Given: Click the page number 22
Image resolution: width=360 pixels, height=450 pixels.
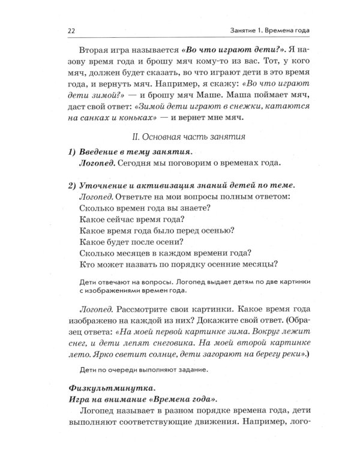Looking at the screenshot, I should (68, 30).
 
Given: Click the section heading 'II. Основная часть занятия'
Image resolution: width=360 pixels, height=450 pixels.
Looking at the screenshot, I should (191, 137).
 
